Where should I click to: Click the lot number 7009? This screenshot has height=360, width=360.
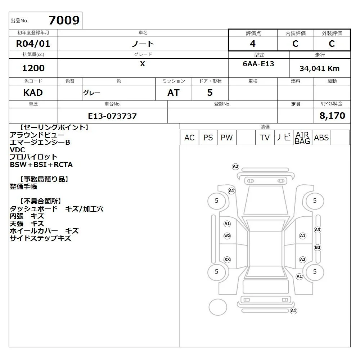pyautogui.click(x=64, y=20)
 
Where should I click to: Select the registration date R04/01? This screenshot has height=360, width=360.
pyautogui.click(x=33, y=44)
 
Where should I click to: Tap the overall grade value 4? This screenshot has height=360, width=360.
pyautogui.click(x=253, y=44)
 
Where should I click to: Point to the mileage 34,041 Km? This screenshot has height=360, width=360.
pyautogui.click(x=319, y=68)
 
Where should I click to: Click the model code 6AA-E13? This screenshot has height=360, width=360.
pyautogui.click(x=258, y=64)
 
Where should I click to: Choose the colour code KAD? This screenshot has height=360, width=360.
pyautogui.click(x=33, y=93)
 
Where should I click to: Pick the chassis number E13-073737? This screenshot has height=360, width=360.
pyautogui.click(x=112, y=116)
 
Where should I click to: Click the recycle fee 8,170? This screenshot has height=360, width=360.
pyautogui.click(x=332, y=116)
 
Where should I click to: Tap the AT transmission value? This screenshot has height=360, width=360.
pyautogui.click(x=174, y=93)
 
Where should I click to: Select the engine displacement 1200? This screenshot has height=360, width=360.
pyautogui.click(x=33, y=68)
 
